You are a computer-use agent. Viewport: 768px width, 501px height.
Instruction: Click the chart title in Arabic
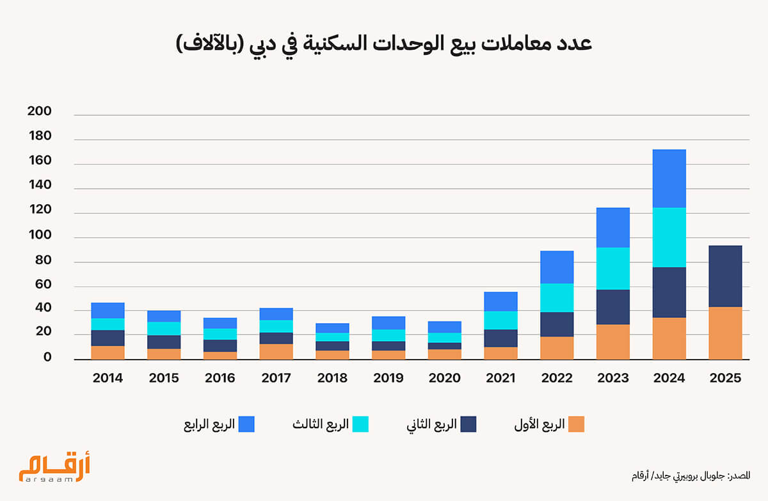[383, 45]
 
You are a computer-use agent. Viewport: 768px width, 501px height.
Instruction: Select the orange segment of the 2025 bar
[725, 333]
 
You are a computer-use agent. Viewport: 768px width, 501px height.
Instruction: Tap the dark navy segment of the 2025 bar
[725, 276]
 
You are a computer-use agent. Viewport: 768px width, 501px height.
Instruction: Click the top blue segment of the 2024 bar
[669, 179]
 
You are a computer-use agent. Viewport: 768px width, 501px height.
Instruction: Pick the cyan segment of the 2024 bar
[669, 237]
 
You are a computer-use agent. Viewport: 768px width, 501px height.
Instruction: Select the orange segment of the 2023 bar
[612, 342]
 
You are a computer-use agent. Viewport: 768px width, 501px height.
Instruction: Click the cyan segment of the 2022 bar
[556, 298]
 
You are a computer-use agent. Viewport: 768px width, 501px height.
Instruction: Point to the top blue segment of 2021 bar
[500, 301]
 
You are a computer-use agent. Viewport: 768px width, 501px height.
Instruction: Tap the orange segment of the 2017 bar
[276, 351]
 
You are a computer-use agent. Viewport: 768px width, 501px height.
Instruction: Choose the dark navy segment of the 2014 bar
[108, 338]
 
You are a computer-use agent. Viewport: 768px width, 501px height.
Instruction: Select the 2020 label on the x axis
[444, 378]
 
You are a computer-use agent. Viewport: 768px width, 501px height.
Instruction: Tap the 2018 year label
[332, 378]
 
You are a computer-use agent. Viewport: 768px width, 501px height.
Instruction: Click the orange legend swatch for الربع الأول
[576, 424]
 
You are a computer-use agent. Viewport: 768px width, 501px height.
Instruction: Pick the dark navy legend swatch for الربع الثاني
[468, 424]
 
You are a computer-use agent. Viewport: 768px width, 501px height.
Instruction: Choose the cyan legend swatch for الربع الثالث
[360, 424]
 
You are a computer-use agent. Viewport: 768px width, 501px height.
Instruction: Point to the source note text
[690, 475]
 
